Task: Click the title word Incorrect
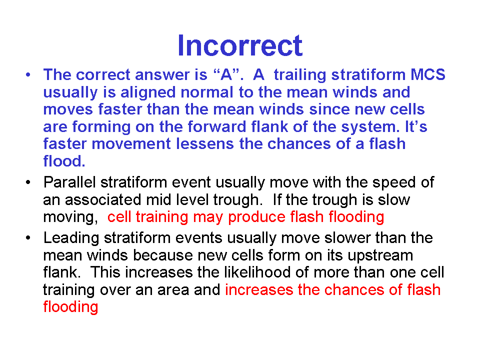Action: click(240, 45)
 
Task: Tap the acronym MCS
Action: click(427, 74)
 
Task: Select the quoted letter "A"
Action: click(226, 74)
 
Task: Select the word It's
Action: click(416, 126)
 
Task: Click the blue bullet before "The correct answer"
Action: click(28, 75)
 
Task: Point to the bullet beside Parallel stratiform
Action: click(28, 182)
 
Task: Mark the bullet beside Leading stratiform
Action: click(28, 238)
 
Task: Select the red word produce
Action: click(257, 217)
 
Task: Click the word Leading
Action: click(71, 238)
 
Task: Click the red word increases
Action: click(259, 289)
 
